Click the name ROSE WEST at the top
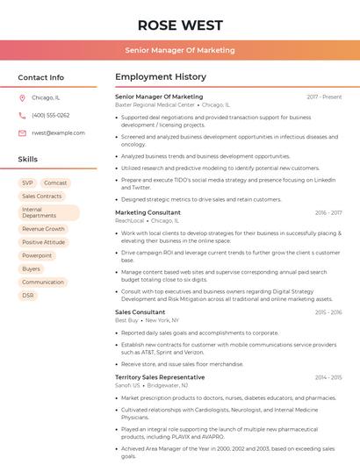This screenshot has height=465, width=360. (x=180, y=25)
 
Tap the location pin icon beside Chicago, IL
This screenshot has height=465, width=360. (x=22, y=98)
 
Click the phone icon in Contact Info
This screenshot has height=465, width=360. (x=22, y=115)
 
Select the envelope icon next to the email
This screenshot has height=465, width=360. (x=22, y=133)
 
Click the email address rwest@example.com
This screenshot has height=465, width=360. (x=58, y=133)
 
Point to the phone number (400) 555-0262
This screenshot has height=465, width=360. (x=50, y=115)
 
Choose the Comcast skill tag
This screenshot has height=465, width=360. (x=55, y=183)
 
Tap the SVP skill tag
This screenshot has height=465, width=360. (x=28, y=183)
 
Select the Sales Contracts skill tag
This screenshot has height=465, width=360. (x=42, y=197)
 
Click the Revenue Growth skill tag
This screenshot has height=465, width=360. (x=44, y=229)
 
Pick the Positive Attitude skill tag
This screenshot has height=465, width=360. (x=44, y=242)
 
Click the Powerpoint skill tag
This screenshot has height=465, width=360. (x=37, y=255)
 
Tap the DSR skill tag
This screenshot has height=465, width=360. (x=28, y=296)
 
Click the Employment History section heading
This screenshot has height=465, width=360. (x=160, y=77)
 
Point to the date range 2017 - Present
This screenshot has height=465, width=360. (x=324, y=97)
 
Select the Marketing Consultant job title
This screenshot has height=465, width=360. (x=148, y=212)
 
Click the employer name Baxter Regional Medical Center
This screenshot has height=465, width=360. (x=155, y=104)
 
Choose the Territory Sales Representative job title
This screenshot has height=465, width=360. (x=160, y=376)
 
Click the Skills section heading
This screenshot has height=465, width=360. (x=28, y=160)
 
